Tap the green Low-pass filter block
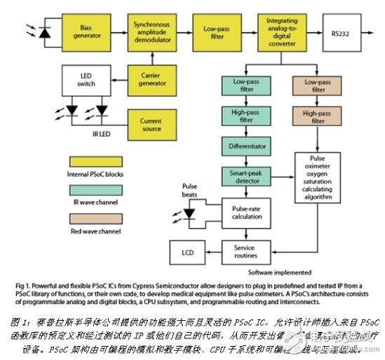pos(240,86)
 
